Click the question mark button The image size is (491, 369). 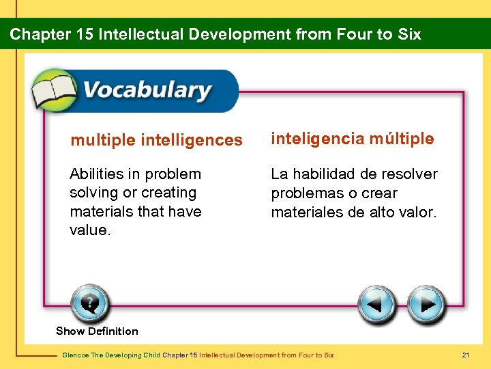click(x=89, y=303)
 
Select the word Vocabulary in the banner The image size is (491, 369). click(x=147, y=90)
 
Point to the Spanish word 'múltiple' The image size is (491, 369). click(x=402, y=139)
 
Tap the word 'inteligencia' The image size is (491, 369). click(x=317, y=139)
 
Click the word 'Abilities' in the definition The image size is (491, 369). click(x=97, y=174)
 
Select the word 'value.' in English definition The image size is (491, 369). click(x=89, y=230)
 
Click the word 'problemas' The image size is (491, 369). click(x=306, y=193)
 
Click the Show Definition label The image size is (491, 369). click(x=97, y=331)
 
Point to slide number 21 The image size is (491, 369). click(x=466, y=355)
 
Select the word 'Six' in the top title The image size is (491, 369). click(x=408, y=34)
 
